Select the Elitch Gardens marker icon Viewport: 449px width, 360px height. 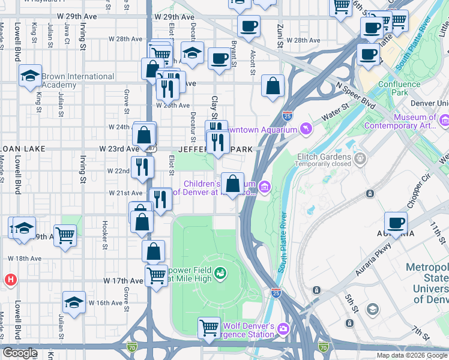[x=360, y=158]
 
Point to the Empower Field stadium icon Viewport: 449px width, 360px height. [x=220, y=274]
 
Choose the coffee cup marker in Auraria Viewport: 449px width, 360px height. [x=396, y=223]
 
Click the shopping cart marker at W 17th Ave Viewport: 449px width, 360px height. [x=156, y=276]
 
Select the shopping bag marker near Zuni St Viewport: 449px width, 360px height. [x=273, y=85]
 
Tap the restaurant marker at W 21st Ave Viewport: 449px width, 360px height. [x=160, y=199]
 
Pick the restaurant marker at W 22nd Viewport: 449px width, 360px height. [x=141, y=167]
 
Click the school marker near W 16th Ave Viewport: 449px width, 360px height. [x=74, y=302]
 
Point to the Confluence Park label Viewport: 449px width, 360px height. [x=399, y=88]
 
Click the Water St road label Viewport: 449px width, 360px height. [x=336, y=114]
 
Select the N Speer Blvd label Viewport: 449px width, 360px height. [x=356, y=95]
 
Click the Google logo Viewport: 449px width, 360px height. [x=20, y=353]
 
